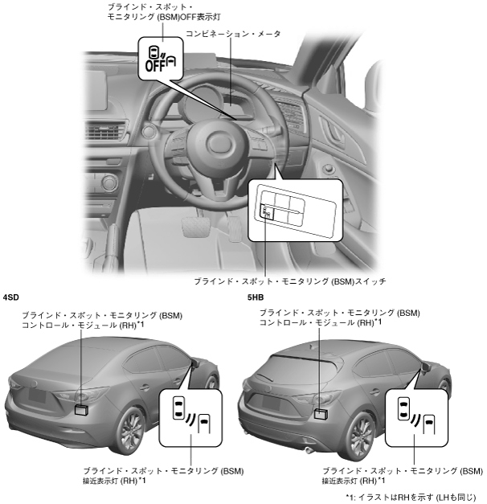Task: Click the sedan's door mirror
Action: tap(193, 366)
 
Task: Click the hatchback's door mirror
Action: tap(424, 369)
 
